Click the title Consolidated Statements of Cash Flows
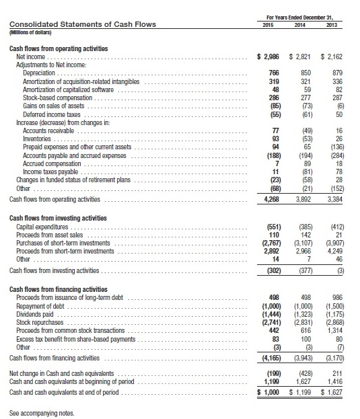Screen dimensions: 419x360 [x=81, y=25]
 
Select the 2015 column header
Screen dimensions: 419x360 [x=268, y=25]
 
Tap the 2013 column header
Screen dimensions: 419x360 [x=332, y=25]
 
